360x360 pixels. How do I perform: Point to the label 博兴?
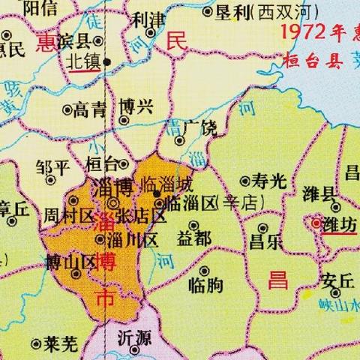click(136, 107)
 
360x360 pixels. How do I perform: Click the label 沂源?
click(134, 337)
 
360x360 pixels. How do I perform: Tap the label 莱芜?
click(61, 344)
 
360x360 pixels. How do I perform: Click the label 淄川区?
click(132, 241)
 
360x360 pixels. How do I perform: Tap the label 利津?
click(146, 19)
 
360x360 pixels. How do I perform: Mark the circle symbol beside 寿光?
click(245, 181)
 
